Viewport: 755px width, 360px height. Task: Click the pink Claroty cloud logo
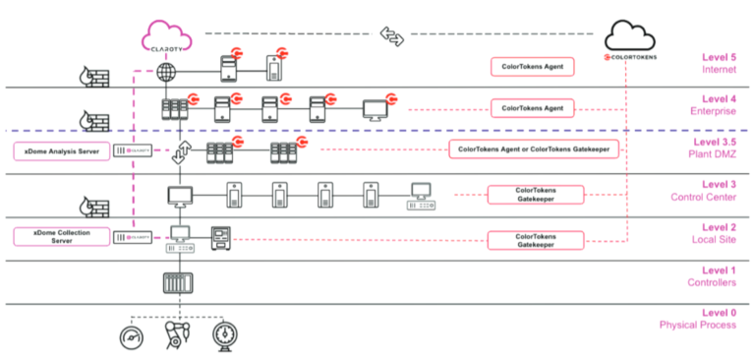click(x=166, y=34)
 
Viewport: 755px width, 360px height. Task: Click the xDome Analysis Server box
click(x=58, y=150)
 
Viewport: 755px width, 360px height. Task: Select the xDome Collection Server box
click(x=58, y=236)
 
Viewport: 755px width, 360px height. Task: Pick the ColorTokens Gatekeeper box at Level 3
click(x=534, y=194)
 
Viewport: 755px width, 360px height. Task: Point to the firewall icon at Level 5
click(x=95, y=76)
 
